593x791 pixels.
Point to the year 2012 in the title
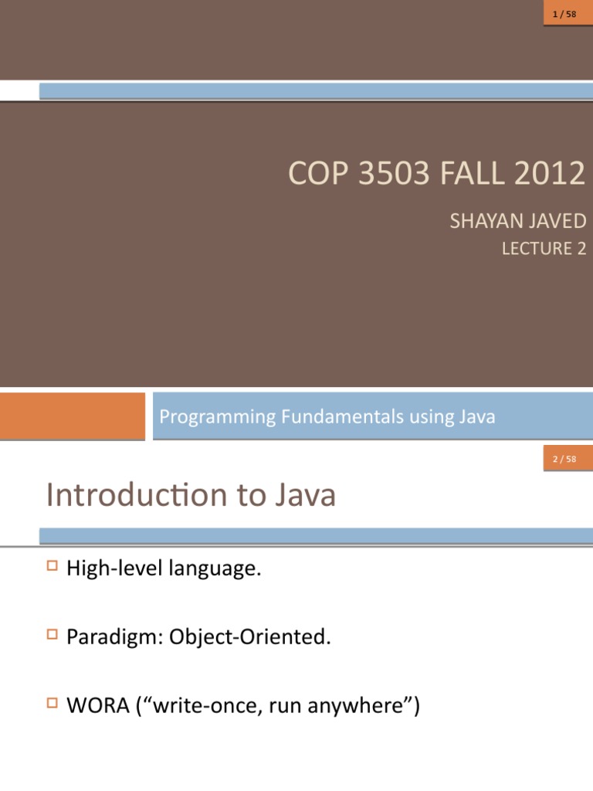(x=550, y=173)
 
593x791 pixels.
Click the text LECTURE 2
(x=544, y=249)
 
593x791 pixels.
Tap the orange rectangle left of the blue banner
(x=72, y=416)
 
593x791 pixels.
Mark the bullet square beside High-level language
(x=53, y=567)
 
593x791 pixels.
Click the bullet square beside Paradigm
(x=53, y=636)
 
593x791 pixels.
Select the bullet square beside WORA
(x=53, y=704)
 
